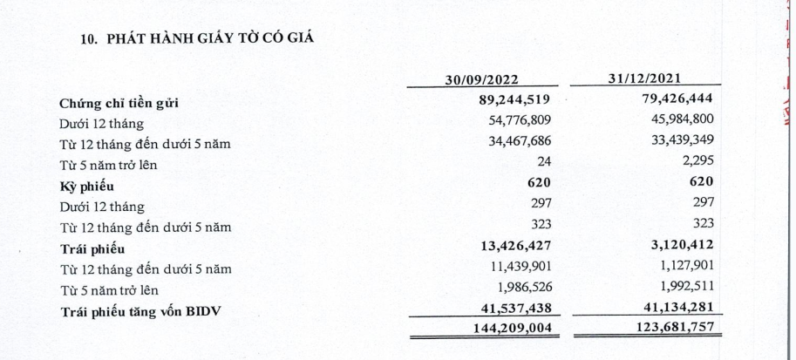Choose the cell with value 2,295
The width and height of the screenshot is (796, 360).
pyautogui.click(x=697, y=164)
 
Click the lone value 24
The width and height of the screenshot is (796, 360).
pyautogui.click(x=546, y=164)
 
